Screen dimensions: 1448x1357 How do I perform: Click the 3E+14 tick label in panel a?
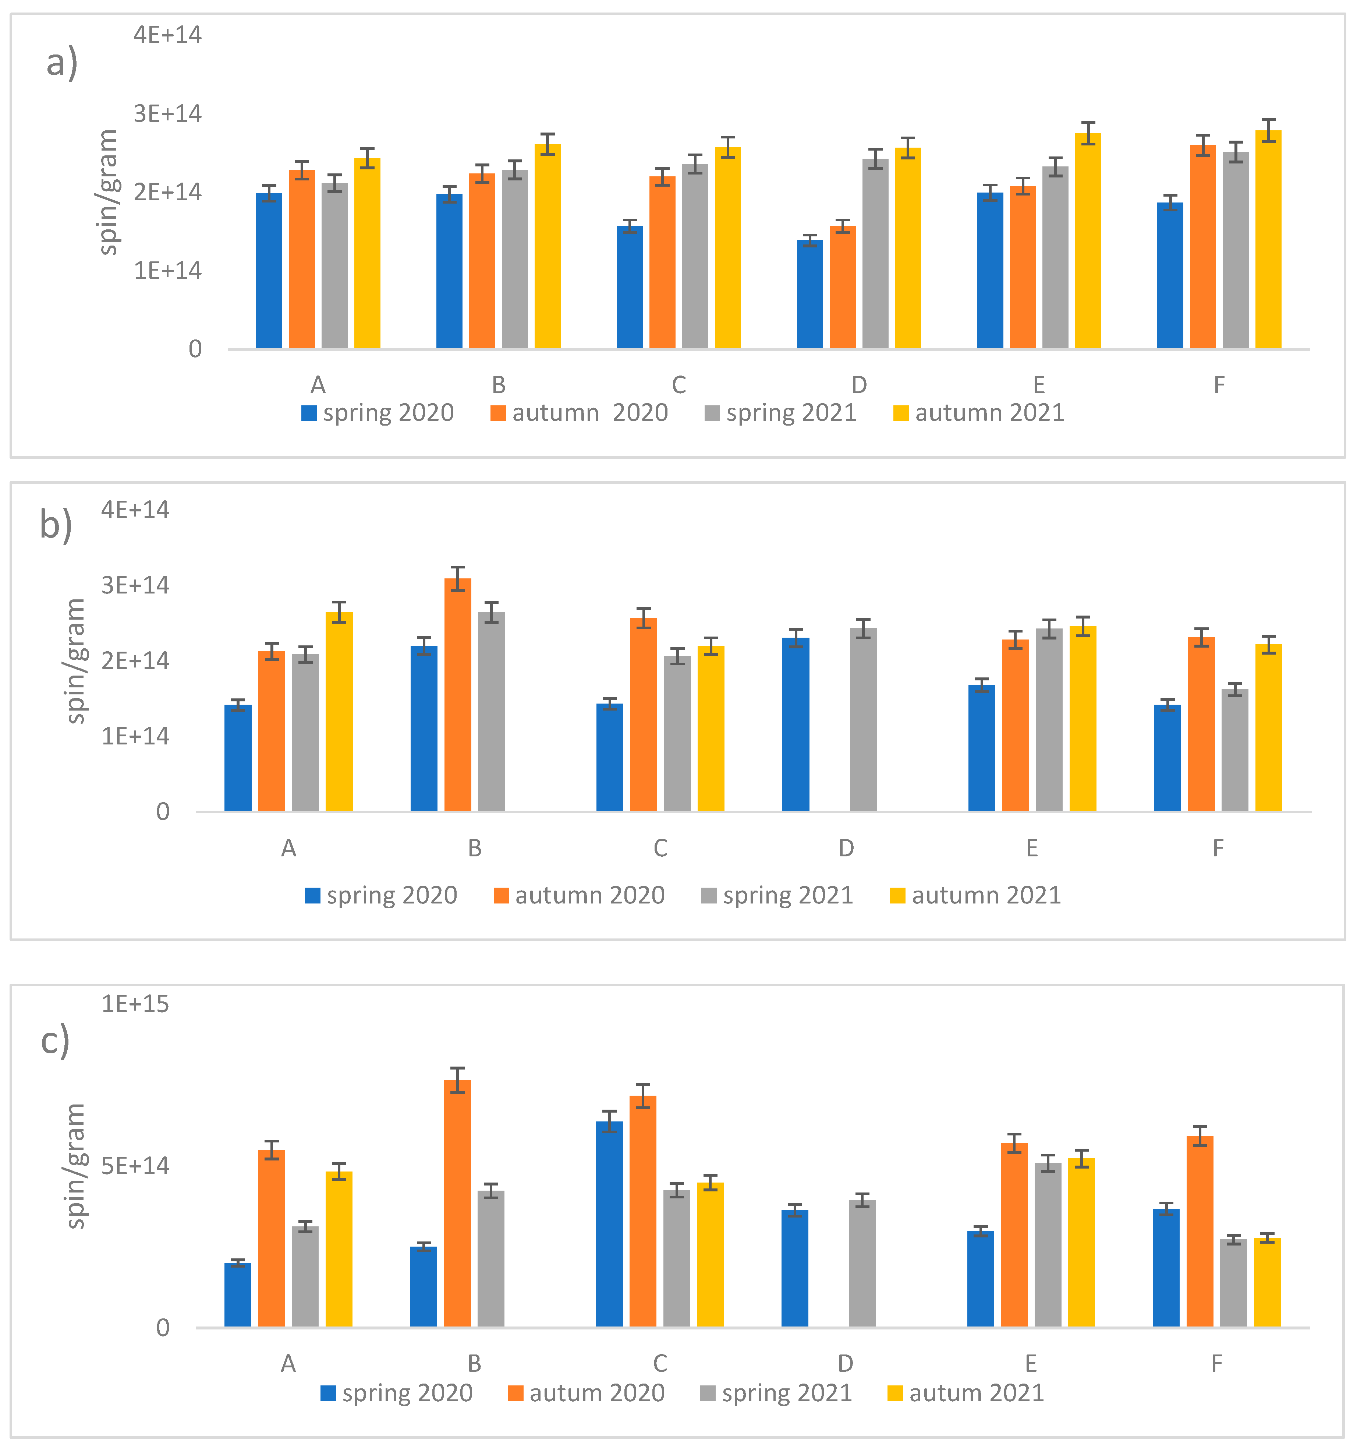(x=167, y=114)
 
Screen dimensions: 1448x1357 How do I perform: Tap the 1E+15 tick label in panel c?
(x=135, y=1004)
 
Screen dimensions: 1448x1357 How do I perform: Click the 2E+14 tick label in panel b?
(x=135, y=660)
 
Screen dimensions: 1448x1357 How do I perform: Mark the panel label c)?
(x=55, y=1040)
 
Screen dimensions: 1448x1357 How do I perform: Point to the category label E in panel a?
(x=1039, y=385)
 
